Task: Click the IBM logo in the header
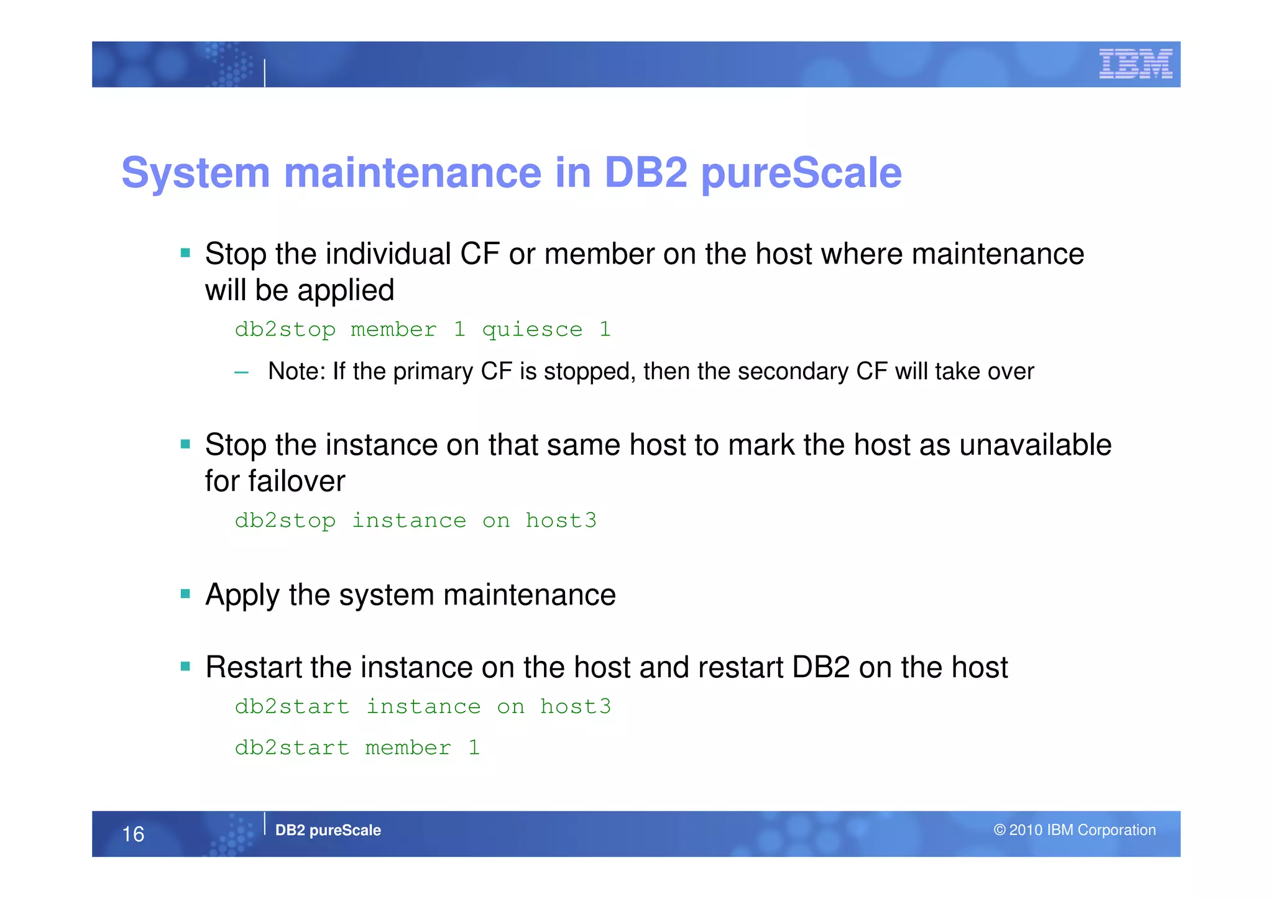pos(1135,64)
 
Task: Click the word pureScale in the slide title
pos(801,173)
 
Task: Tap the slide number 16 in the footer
pos(133,834)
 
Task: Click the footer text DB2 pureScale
pos(328,831)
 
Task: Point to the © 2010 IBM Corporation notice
pos(1074,831)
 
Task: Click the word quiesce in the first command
pos(532,330)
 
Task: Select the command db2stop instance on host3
pos(415,521)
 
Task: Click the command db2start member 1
pos(357,748)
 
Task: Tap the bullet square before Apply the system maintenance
pos(185,594)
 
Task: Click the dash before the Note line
pos(241,373)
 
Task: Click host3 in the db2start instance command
pos(575,707)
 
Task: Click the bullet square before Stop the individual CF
pos(185,253)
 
